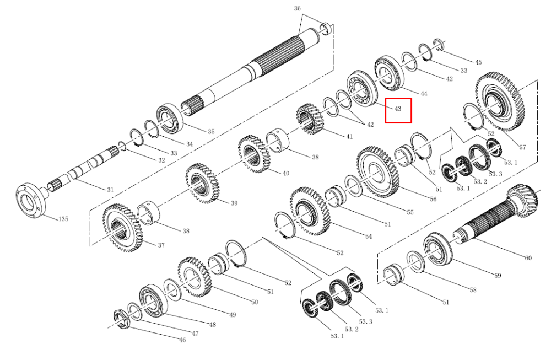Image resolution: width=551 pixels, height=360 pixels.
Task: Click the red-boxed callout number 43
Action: click(x=398, y=109)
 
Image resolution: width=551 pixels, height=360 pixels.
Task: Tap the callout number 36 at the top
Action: click(x=298, y=8)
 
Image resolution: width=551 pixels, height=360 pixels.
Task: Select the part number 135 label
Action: click(x=63, y=219)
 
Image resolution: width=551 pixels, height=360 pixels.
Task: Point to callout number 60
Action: click(x=528, y=258)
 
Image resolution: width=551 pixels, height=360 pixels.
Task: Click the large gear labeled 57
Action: click(x=499, y=101)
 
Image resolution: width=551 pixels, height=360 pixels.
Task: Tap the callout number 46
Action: click(x=182, y=340)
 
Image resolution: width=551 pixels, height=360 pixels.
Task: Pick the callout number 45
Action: click(x=478, y=62)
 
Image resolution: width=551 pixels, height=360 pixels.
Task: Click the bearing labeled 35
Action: click(x=170, y=118)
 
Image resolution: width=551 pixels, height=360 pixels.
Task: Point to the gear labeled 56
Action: click(x=378, y=172)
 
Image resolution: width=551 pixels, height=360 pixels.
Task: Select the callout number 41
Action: click(x=349, y=136)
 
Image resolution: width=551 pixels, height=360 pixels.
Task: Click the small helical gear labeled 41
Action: click(x=310, y=119)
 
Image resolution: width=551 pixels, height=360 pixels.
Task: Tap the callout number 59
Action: click(x=498, y=276)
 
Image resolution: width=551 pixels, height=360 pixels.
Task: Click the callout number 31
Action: click(x=110, y=190)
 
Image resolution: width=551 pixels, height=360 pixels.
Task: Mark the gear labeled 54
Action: click(x=310, y=211)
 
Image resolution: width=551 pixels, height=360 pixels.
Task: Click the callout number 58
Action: click(x=473, y=290)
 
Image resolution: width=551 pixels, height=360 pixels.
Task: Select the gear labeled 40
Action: click(x=254, y=154)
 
